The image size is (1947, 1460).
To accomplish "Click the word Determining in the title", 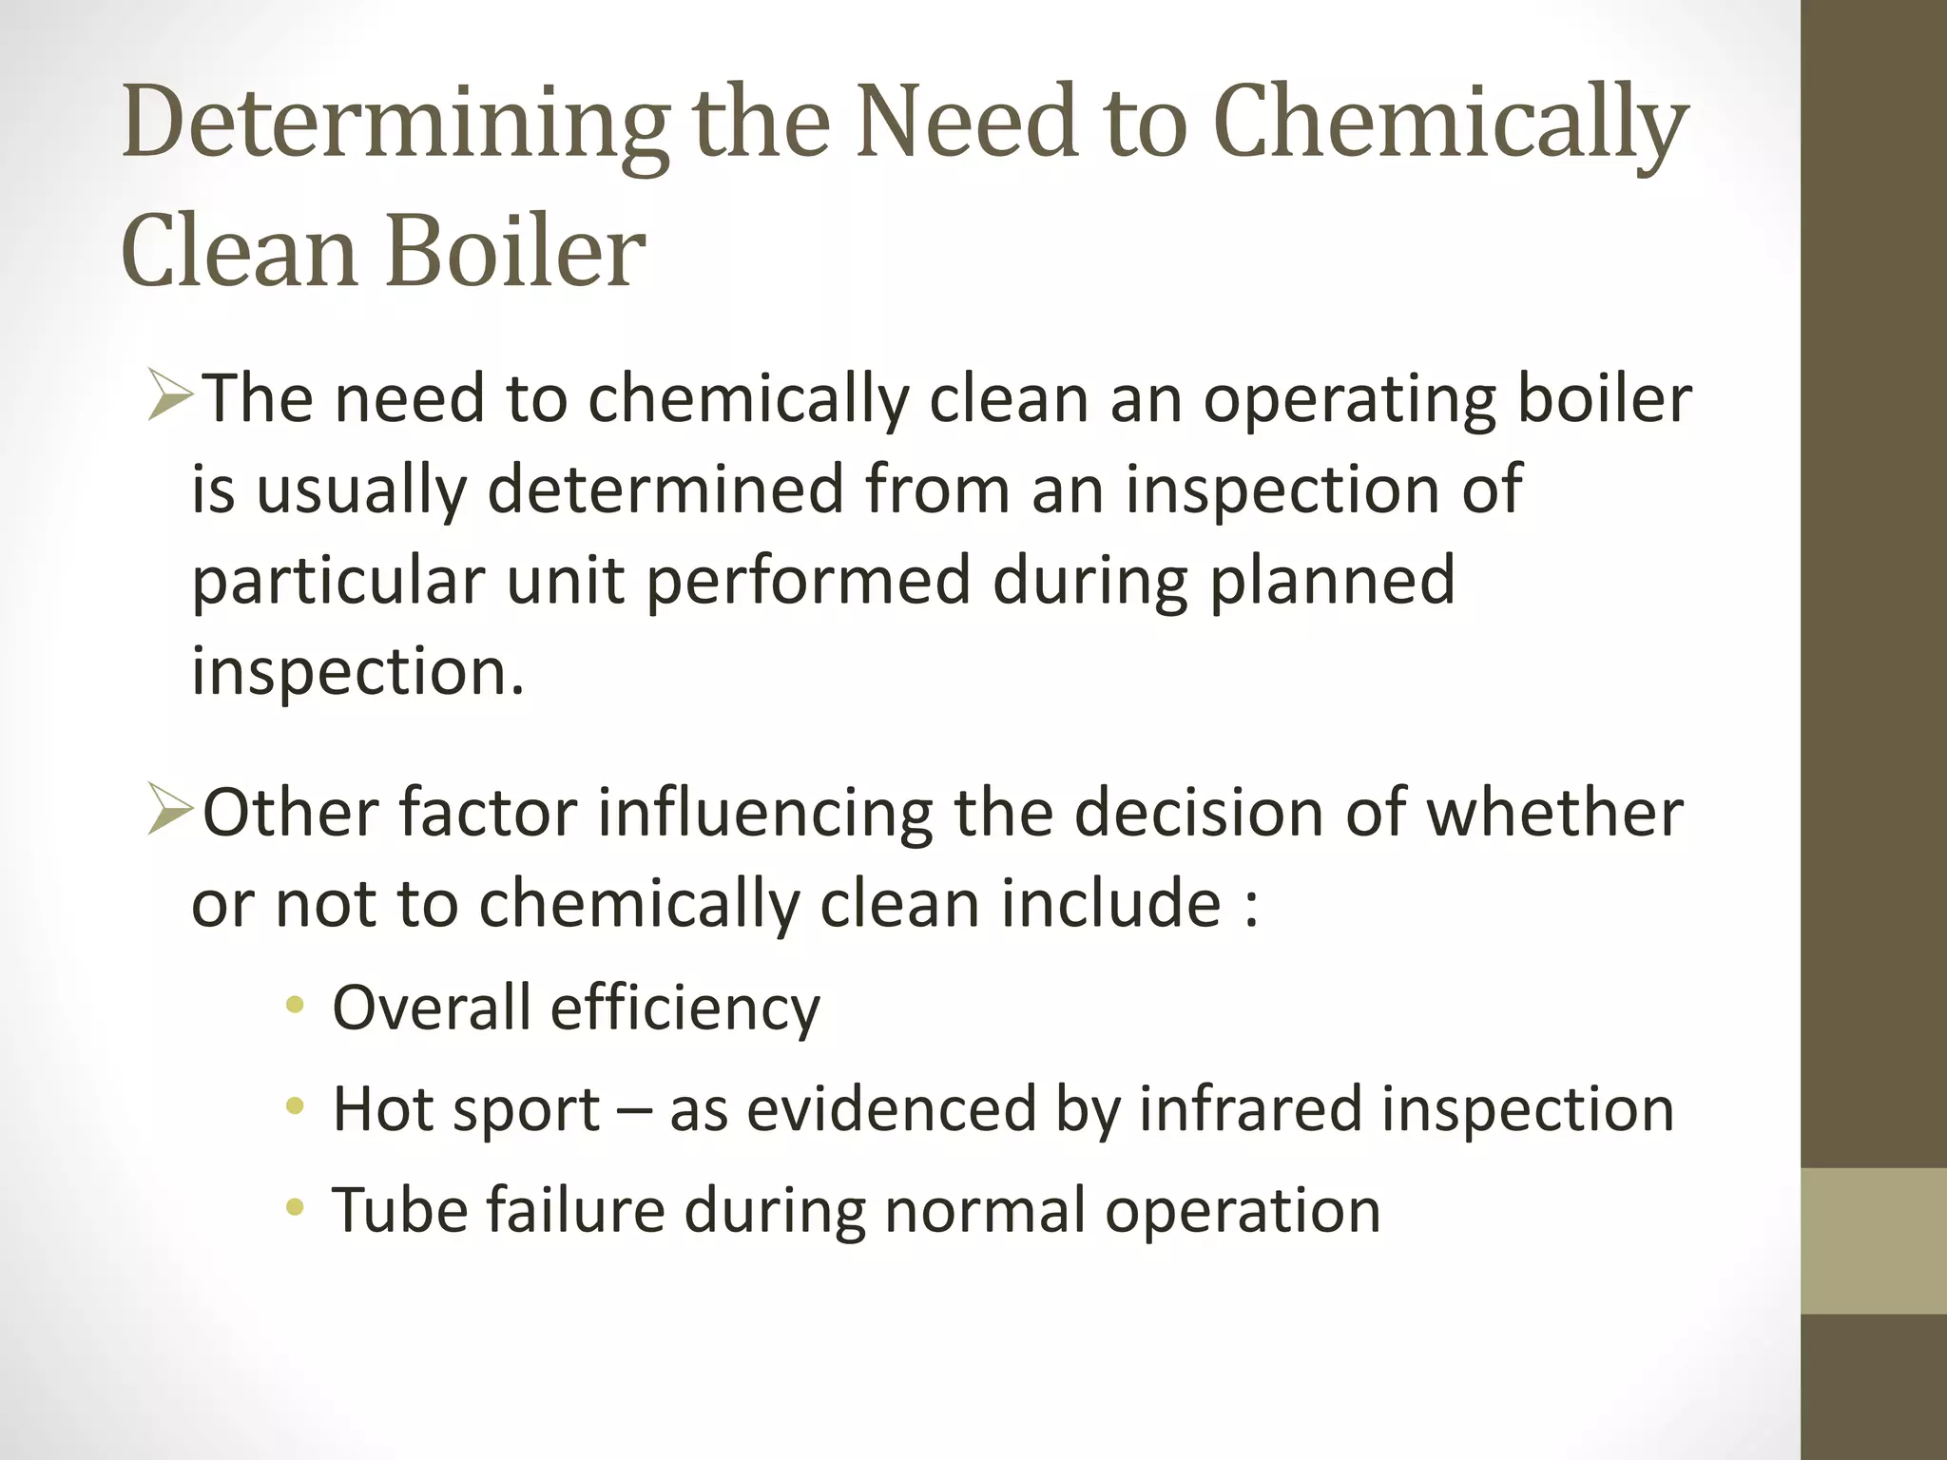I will (395, 124).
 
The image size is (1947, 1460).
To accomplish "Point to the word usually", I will (361, 490).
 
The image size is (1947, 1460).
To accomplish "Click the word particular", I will (338, 582).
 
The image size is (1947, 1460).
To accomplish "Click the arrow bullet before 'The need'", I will (171, 397).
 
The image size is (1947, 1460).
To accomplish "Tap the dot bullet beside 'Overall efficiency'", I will (296, 1006).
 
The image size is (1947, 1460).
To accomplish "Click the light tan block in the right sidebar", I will (1873, 1241).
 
